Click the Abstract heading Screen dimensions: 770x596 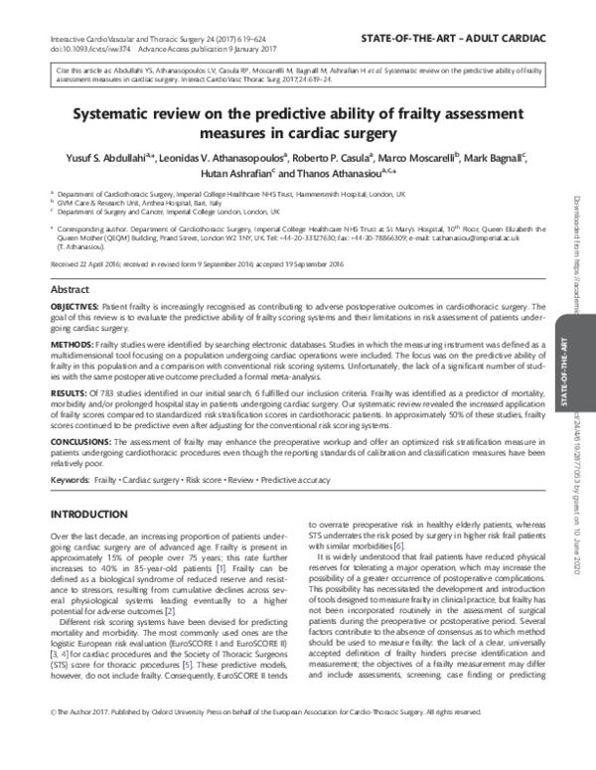[71, 288]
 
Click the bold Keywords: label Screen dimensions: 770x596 [70, 478]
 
